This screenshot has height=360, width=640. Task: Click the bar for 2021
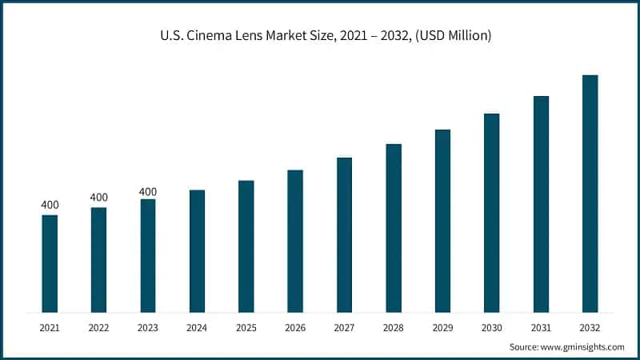50,263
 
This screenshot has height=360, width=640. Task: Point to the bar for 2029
442,220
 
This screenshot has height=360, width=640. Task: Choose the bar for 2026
295,241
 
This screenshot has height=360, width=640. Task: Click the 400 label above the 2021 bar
50,206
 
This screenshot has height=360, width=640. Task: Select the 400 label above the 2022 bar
98,198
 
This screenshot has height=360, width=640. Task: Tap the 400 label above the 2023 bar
147,191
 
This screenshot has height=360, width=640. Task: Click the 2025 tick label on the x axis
246,327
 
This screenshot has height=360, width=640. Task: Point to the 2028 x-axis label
393,327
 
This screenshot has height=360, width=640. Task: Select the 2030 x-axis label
491,327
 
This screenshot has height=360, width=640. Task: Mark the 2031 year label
541,327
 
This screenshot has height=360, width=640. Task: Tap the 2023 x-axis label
147,327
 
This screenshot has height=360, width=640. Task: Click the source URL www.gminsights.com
582,346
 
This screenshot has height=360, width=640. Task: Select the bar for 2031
541,203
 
